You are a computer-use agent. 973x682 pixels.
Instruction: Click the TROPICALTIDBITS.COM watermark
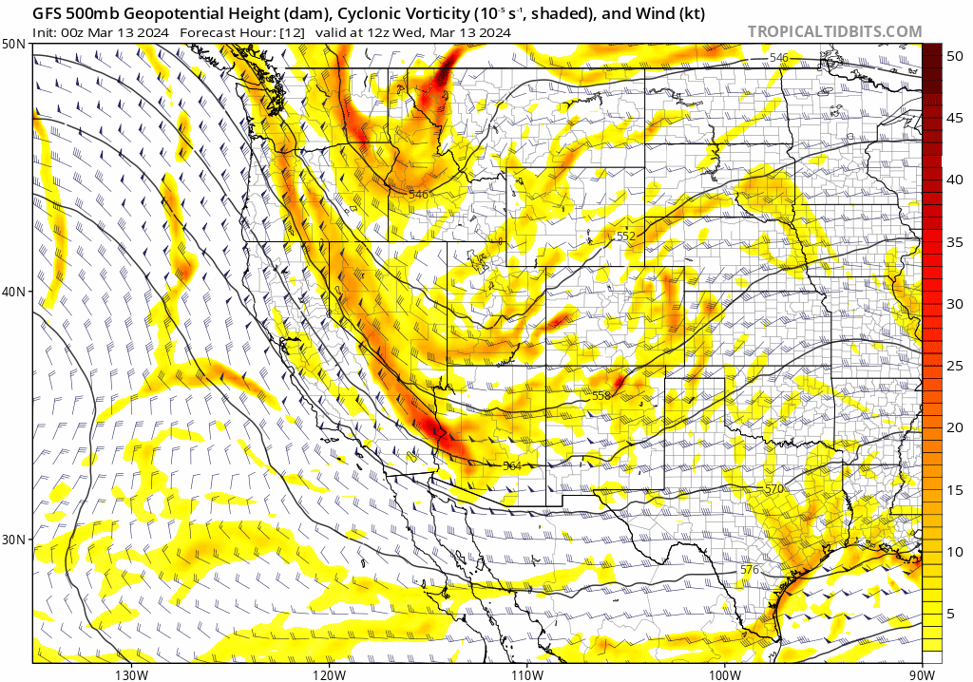[834, 31]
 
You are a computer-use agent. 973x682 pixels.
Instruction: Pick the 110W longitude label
[526, 674]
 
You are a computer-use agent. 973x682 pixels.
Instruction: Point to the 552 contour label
[625, 236]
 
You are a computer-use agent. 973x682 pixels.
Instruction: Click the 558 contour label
[601, 395]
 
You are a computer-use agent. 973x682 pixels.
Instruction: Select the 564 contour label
[512, 465]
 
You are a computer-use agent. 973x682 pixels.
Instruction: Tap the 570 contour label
[774, 488]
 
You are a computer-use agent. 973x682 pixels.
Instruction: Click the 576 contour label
[750, 569]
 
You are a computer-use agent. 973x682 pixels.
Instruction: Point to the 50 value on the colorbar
[955, 56]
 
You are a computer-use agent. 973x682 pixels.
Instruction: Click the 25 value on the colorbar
[955, 366]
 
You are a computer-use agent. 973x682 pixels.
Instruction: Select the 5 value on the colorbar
[951, 614]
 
